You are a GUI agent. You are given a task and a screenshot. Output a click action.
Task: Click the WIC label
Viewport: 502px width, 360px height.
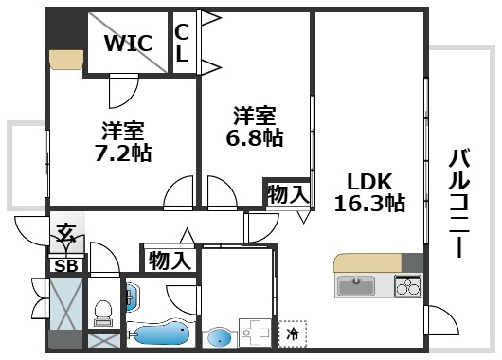tap(127, 44)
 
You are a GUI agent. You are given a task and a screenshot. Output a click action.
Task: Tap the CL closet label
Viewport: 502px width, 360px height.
tap(181, 43)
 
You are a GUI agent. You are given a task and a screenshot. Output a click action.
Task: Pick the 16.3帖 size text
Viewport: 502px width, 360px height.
tap(368, 202)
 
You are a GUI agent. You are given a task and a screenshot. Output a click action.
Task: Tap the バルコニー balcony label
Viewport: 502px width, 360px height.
tap(458, 203)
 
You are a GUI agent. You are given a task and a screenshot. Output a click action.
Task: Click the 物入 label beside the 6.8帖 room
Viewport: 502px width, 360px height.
tap(288, 195)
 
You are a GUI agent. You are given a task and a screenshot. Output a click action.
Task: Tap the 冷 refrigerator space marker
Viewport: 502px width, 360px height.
tap(293, 333)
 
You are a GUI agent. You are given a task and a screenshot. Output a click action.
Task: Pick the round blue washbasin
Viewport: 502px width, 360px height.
tap(221, 336)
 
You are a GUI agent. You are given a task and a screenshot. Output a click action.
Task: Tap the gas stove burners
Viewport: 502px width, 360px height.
tap(407, 285)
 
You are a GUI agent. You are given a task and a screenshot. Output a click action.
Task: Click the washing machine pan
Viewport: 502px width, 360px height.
tap(253, 333)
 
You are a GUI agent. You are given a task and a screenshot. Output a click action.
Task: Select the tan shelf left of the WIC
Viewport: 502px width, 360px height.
tap(67, 59)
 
